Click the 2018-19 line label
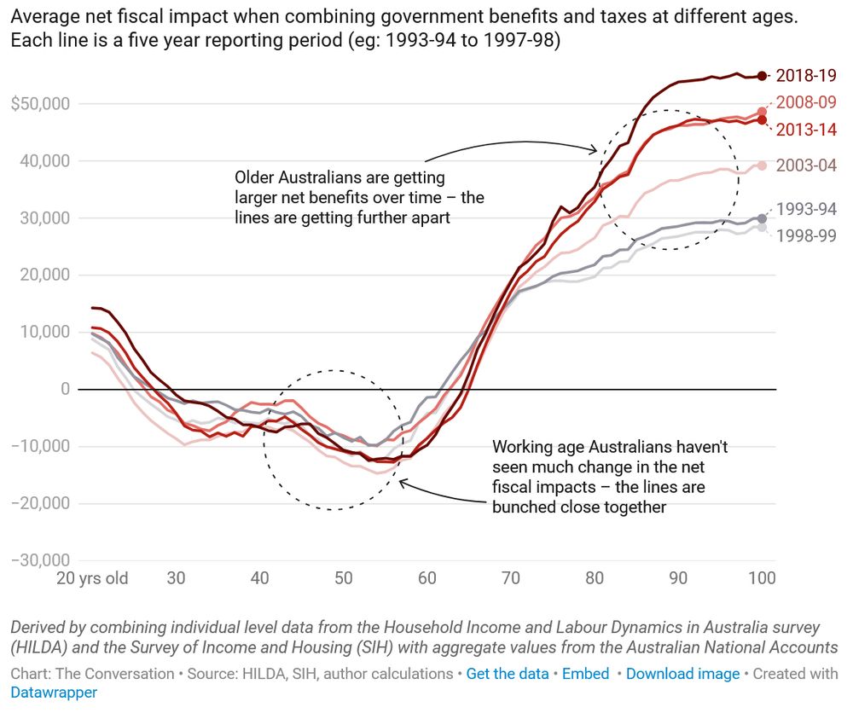806,75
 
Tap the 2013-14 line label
806,130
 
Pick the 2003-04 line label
806,165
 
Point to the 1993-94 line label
806,210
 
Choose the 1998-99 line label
806,235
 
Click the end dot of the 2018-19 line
762,76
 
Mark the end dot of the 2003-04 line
762,165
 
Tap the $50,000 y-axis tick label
40,104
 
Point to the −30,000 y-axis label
40,560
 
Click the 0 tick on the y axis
64,389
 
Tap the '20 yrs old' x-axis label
92,578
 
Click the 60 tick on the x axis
426,578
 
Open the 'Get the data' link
508,674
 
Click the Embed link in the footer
585,674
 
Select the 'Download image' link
682,674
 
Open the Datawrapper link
54,693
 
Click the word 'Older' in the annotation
255,178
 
